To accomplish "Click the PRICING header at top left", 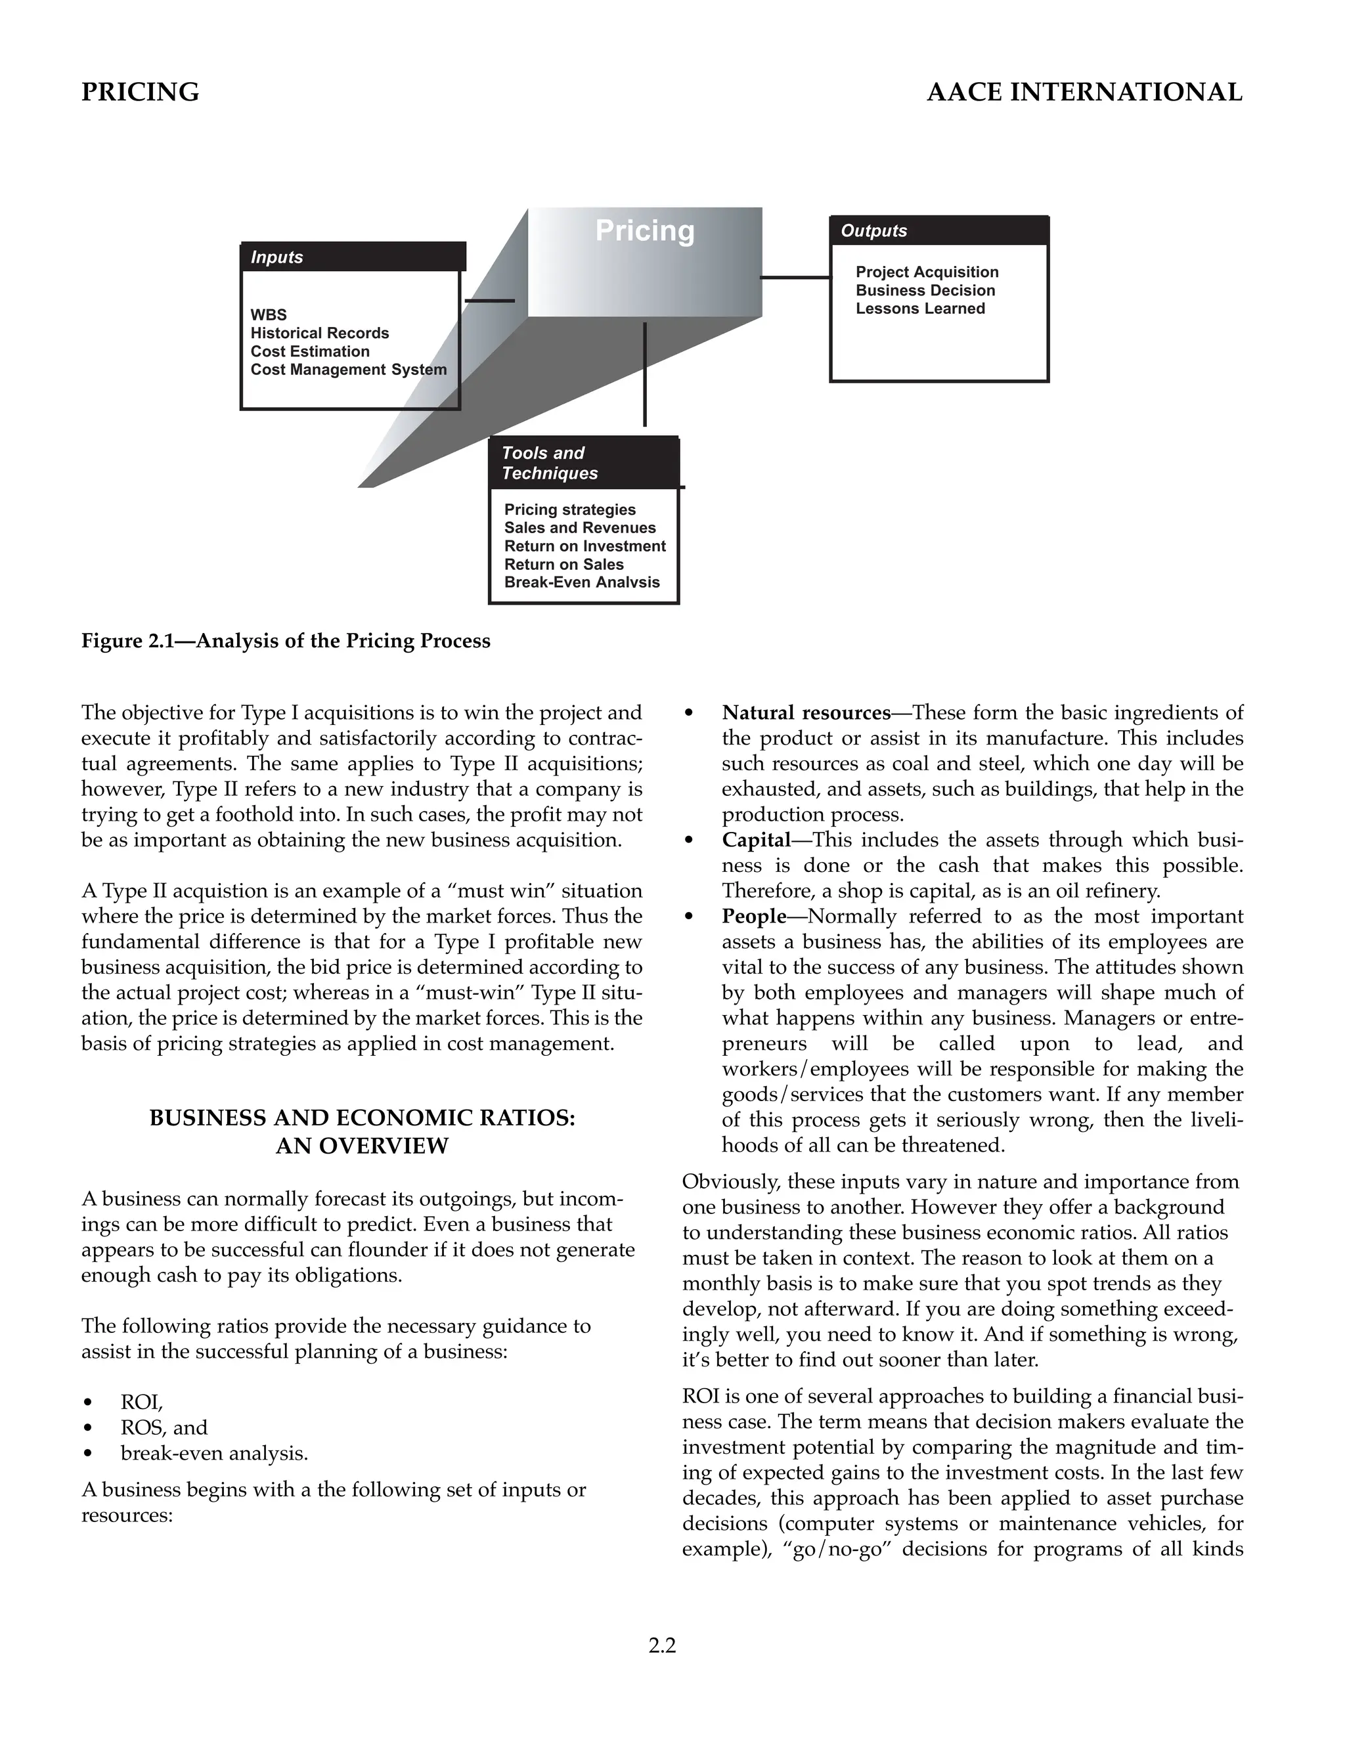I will click(141, 93).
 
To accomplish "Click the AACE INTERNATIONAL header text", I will click(1084, 93).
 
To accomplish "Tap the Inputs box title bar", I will click(352, 257).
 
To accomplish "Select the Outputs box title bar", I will click(938, 231).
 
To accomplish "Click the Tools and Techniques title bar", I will click(583, 463).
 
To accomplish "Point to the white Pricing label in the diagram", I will click(645, 231).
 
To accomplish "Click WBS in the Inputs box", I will click(269, 315).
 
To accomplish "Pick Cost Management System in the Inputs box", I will click(348, 370).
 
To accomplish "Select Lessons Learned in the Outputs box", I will click(919, 309).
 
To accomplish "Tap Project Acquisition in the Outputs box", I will click(927, 272).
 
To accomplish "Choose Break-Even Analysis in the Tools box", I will click(582, 582).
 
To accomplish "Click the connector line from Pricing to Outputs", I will click(795, 277).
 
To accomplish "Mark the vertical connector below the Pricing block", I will click(645, 374).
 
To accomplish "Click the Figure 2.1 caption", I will click(285, 642).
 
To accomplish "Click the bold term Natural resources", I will click(806, 712).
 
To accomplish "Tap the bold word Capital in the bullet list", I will click(755, 840).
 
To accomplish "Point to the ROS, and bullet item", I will click(164, 1427).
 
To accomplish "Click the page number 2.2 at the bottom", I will click(662, 1645).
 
